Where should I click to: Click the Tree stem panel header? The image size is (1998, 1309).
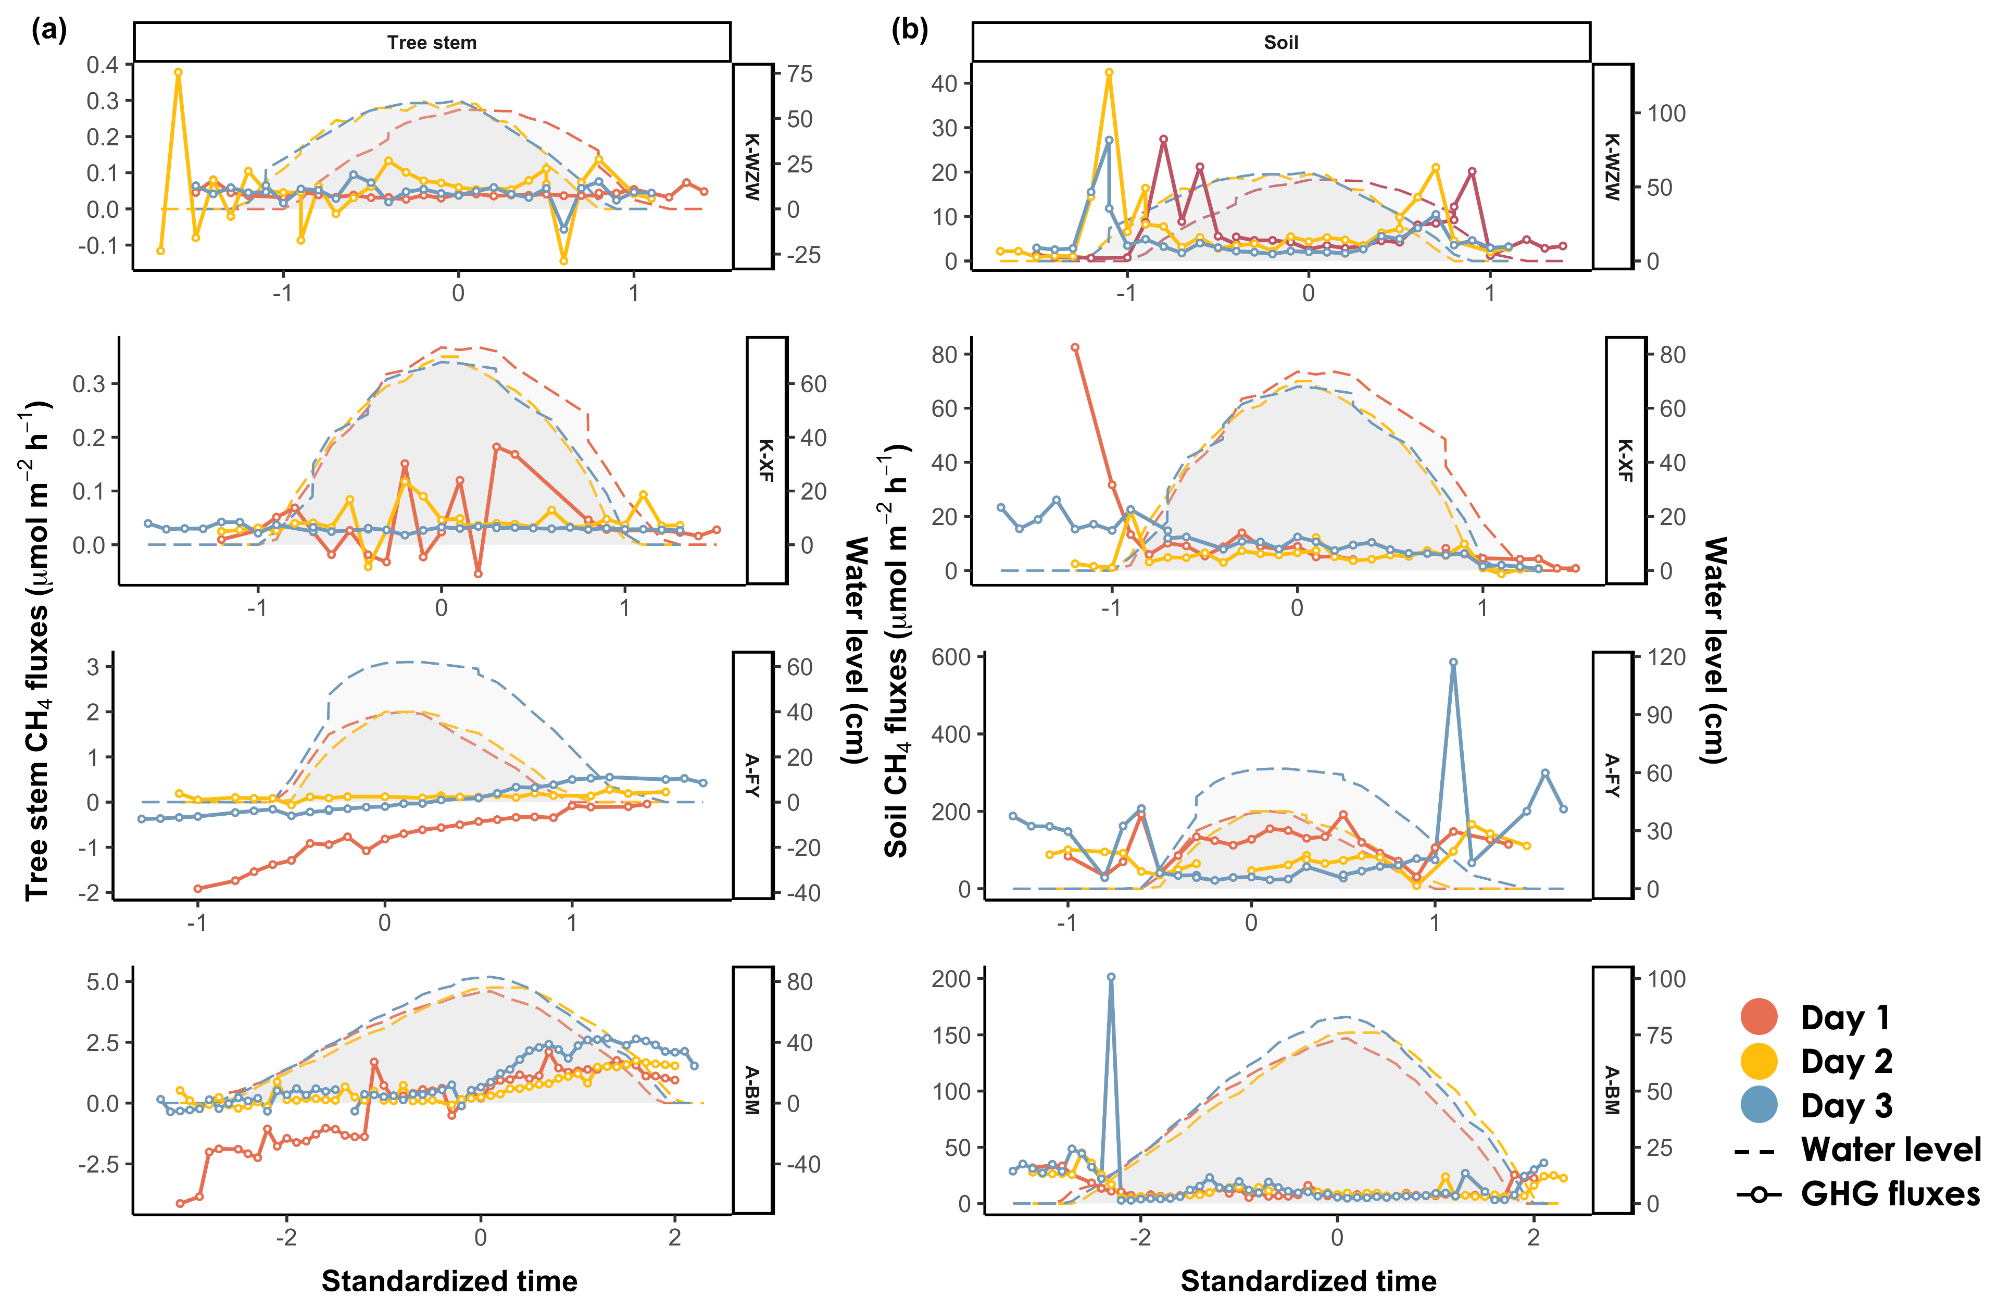(x=432, y=42)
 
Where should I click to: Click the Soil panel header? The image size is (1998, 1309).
(x=1280, y=42)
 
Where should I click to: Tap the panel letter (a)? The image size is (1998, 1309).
(x=49, y=30)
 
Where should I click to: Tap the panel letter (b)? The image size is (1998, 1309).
(x=909, y=30)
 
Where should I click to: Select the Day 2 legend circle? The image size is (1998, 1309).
(x=1759, y=1061)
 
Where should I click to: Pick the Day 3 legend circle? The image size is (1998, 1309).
(x=1759, y=1105)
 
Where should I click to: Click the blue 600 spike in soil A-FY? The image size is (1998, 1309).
(x=1453, y=663)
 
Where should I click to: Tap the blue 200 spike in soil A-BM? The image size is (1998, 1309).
(x=1111, y=977)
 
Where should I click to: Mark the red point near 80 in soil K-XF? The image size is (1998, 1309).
(x=1075, y=347)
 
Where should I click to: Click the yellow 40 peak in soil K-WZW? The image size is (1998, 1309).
(x=1109, y=72)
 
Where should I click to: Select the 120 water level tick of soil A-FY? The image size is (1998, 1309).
(x=1666, y=657)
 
